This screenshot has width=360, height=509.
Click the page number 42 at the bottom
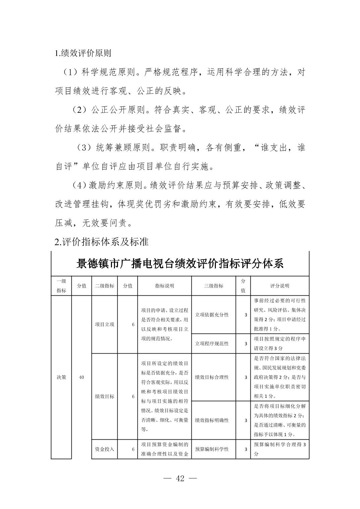click(180, 478)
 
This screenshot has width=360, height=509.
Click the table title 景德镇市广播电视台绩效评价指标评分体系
click(180, 264)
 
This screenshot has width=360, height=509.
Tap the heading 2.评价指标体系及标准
click(102, 241)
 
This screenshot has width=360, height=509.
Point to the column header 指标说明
click(164, 286)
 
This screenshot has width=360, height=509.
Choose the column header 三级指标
click(214, 286)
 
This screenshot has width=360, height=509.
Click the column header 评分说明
click(280, 286)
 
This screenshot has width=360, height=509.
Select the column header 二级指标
click(105, 286)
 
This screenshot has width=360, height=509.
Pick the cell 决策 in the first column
click(61, 377)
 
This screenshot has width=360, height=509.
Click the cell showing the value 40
click(81, 377)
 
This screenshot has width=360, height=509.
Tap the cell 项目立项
click(105, 324)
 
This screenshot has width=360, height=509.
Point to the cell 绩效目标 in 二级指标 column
click(105, 396)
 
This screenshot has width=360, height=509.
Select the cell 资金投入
click(105, 449)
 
